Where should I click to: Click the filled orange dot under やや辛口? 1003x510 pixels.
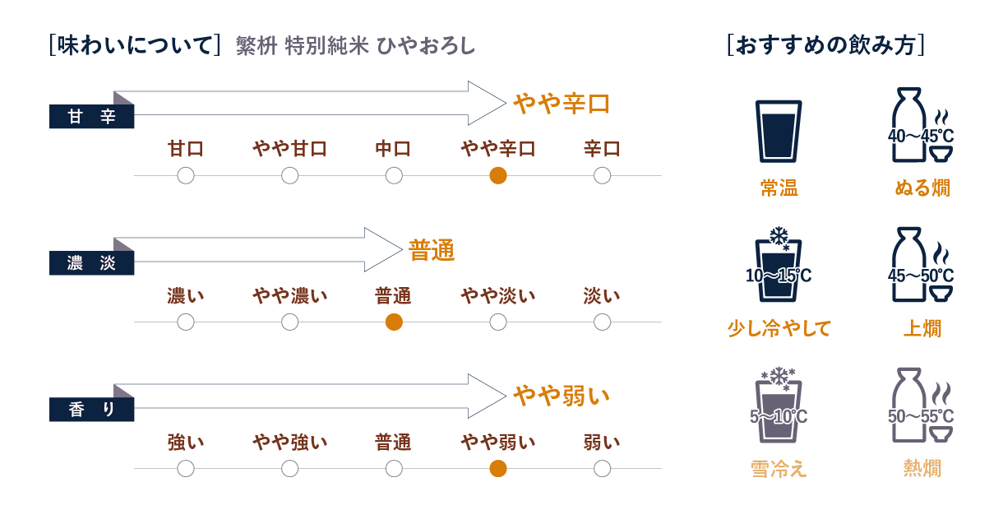(497, 175)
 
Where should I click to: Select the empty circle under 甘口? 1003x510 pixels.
(186, 175)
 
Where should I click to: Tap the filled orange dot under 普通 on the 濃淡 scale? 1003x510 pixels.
(394, 322)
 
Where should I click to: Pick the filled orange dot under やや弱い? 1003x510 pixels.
(497, 468)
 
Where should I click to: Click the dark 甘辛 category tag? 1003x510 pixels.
(91, 118)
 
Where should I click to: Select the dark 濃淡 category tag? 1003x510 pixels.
(91, 264)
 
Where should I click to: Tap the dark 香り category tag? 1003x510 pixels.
(91, 410)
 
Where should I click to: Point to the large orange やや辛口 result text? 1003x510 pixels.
(562, 104)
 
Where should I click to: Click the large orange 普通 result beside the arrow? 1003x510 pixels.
(432, 251)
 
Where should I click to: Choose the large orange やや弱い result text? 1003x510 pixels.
(562, 396)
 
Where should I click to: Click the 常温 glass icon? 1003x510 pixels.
(778, 131)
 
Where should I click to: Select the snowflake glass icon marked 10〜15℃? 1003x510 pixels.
(778, 267)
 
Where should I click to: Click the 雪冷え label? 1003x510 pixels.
(778, 469)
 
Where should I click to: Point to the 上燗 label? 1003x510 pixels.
(922, 329)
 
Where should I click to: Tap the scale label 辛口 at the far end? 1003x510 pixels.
(602, 149)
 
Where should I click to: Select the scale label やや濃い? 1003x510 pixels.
(289, 295)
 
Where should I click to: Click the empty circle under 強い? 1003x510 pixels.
(186, 468)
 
